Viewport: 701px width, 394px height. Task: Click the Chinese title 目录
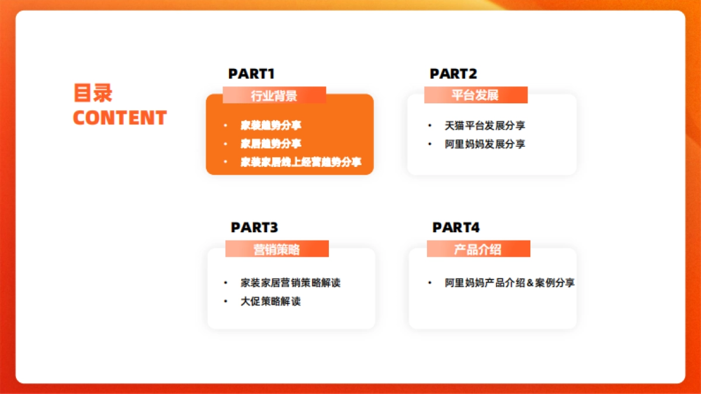[x=93, y=93]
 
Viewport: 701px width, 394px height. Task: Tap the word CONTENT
[x=120, y=117]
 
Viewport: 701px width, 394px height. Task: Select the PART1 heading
[x=252, y=74]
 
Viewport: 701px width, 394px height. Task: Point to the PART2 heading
[x=453, y=74]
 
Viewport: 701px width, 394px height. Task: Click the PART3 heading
[x=254, y=227]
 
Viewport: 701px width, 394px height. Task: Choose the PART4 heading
[x=456, y=227]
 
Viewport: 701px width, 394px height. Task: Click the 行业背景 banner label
[x=274, y=96]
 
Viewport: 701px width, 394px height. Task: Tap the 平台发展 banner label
[x=475, y=95]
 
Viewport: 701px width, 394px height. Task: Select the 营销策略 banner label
[x=277, y=250]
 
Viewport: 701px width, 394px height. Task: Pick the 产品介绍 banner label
[x=478, y=250]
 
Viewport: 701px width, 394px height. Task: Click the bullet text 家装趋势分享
[x=271, y=125]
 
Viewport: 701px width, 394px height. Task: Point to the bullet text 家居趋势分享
[x=271, y=144]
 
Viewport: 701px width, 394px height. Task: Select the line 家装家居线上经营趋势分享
[x=301, y=162]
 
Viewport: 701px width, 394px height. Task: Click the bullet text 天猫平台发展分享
[x=485, y=125]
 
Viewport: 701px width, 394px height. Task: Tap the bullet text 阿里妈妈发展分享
[x=485, y=144]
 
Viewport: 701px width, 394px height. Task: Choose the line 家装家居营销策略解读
[x=290, y=283]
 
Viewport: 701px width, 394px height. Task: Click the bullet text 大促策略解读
[x=270, y=301]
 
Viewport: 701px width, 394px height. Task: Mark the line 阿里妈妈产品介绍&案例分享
[x=510, y=283]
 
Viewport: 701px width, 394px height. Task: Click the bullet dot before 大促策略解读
[x=225, y=301]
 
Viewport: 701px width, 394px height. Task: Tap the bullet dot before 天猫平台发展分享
[x=430, y=125]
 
